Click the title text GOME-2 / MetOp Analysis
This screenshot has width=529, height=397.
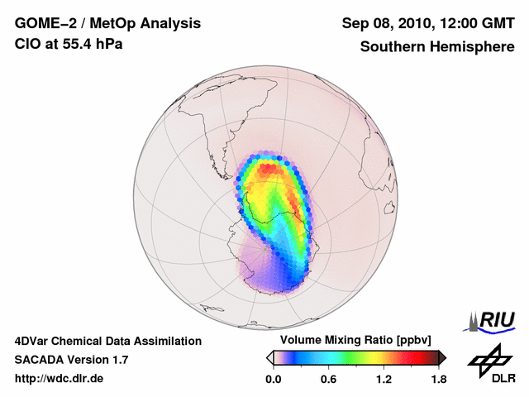107,23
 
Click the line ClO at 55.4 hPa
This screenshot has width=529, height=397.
69,44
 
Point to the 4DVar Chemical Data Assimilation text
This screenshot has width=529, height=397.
107,341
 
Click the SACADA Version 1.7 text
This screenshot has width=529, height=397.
71,360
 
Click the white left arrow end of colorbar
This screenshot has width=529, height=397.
269,357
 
